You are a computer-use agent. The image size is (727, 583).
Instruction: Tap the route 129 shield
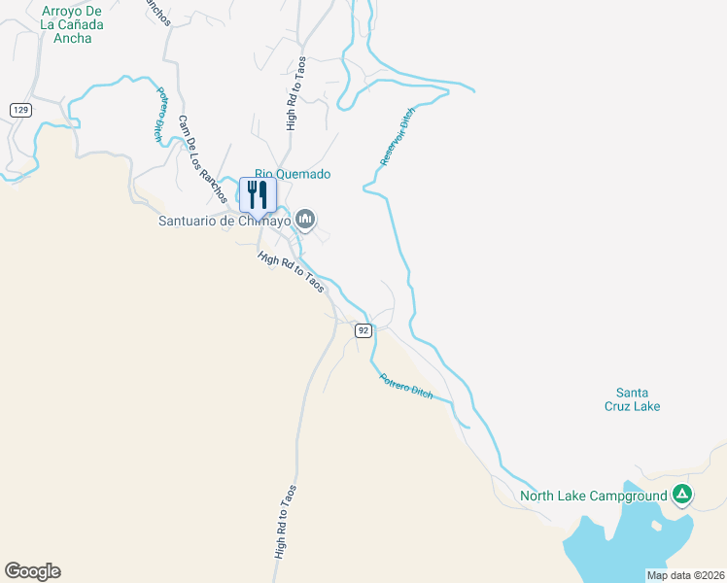pos(19,110)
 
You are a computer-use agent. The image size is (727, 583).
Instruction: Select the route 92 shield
pos(363,330)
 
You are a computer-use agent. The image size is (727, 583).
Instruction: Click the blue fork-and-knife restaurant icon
pos(258,194)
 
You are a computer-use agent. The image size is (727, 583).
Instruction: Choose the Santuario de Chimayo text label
pos(225,221)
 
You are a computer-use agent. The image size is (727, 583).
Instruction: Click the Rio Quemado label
pos(293,174)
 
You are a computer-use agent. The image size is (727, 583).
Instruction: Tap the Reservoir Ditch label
pos(398,137)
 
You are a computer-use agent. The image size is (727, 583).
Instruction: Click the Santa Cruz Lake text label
pos(634,398)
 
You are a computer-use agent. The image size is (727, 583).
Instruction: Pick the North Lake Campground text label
pos(593,496)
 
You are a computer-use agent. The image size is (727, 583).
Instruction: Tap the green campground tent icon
pos(683,495)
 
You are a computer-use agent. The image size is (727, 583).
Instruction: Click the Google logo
pos(32,571)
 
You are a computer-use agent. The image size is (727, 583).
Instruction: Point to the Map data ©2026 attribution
pos(685,575)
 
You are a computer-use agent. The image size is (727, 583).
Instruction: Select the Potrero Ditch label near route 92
pos(405,386)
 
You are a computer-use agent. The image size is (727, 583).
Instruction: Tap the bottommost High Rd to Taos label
pos(287,522)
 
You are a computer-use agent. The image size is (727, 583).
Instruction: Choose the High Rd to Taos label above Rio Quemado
pos(295,93)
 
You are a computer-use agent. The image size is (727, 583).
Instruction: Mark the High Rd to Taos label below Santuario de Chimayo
pos(291,273)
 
